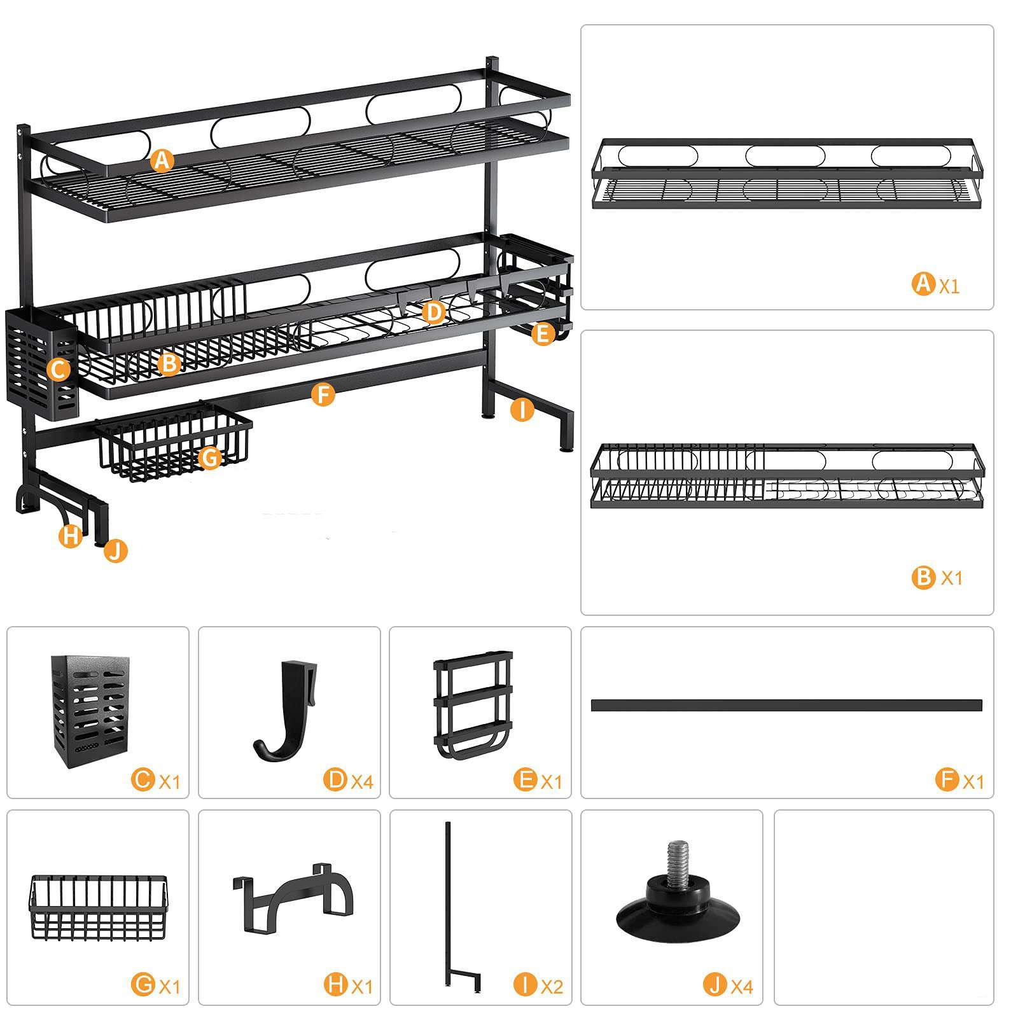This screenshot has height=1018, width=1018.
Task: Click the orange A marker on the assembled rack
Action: click(163, 160)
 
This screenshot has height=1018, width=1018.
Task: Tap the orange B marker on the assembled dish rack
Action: click(169, 363)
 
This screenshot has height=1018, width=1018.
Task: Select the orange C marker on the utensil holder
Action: click(58, 370)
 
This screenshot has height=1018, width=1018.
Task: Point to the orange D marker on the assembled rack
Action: click(433, 312)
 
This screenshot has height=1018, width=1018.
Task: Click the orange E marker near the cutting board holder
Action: click(542, 333)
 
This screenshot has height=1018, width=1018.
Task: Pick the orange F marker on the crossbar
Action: click(323, 394)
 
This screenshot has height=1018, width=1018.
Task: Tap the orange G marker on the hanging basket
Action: click(209, 457)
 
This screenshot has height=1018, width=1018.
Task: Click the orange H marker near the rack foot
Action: click(71, 536)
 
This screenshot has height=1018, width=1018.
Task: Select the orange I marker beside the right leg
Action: click(522, 410)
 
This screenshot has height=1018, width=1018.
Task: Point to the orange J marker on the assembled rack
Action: click(116, 550)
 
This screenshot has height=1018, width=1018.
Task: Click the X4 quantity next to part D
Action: click(361, 781)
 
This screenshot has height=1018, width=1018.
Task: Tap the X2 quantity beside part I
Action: click(552, 986)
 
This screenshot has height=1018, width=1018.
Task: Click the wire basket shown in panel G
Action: click(97, 907)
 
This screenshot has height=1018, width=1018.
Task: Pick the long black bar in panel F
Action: click(786, 705)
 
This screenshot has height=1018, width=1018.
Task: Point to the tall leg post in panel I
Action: click(448, 903)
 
